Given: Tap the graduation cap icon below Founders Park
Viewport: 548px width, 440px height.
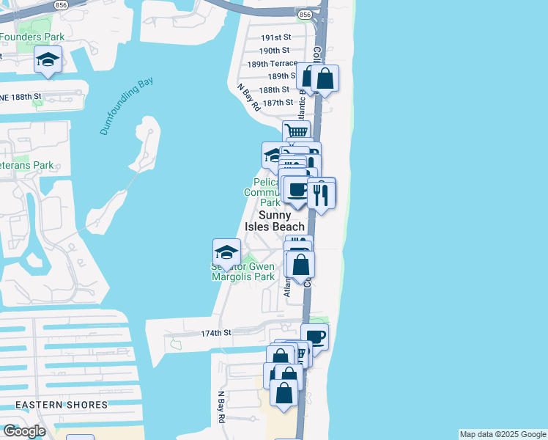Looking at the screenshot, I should click(x=48, y=60).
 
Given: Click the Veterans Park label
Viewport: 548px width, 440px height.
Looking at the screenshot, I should click(x=27, y=165).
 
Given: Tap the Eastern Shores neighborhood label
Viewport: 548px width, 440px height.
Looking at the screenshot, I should click(x=62, y=404).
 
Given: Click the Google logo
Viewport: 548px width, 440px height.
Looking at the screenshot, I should click(x=24, y=431).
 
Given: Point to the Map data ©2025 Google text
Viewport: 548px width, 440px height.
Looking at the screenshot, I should click(x=502, y=434).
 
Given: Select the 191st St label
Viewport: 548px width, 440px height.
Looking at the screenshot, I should click(x=276, y=37).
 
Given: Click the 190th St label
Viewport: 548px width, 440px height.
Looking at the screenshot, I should click(x=275, y=51).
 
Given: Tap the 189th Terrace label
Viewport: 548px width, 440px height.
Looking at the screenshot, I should click(x=272, y=64).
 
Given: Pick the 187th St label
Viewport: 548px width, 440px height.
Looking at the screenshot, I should click(x=278, y=103).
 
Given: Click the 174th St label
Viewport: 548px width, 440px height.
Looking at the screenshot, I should click(x=216, y=333).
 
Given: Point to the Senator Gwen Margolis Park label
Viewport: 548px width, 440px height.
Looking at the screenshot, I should click(x=242, y=272).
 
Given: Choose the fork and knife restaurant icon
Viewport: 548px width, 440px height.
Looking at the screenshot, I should click(x=321, y=194).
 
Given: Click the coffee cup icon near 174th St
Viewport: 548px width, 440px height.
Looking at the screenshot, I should click(x=314, y=337).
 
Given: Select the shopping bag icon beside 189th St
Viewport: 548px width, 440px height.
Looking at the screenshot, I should click(x=325, y=78).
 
